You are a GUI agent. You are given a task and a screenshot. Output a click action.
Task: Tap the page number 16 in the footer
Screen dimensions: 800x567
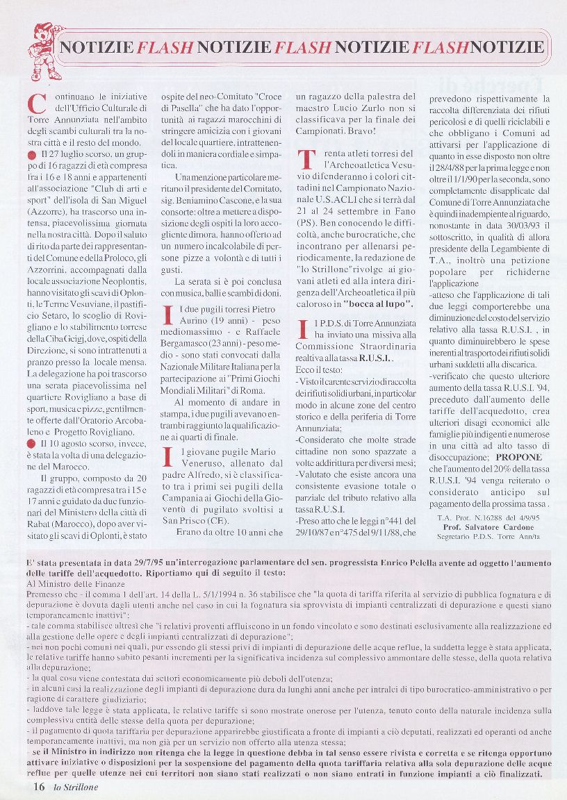coord(39,786)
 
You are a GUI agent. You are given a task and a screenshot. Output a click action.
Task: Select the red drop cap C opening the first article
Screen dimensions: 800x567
coord(36,103)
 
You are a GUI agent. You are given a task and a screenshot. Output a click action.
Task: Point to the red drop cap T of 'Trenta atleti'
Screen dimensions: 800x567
coord(306,159)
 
